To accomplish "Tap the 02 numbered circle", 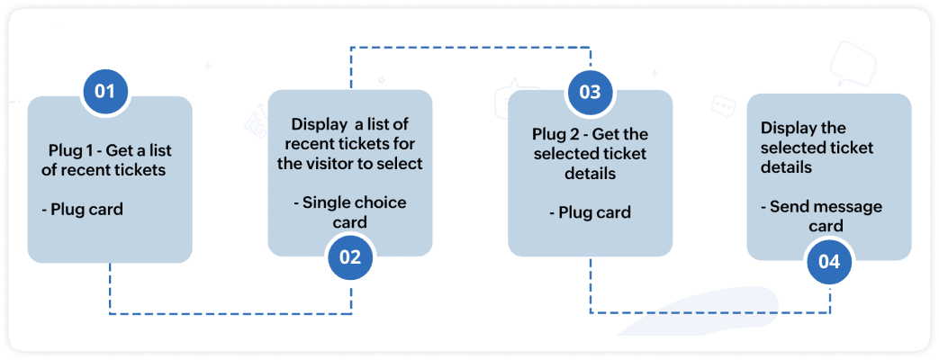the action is (x=349, y=257).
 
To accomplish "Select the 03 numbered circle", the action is (x=590, y=92).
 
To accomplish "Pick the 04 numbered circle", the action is (x=829, y=262).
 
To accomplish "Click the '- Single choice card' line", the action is (x=349, y=212).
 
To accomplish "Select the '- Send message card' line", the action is (x=822, y=216).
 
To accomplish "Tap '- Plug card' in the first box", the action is (x=82, y=210).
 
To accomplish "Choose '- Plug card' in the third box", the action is (x=590, y=212).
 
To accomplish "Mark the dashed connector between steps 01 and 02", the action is (x=230, y=312).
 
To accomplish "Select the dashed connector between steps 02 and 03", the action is (x=470, y=47).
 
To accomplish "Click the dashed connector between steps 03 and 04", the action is (x=709, y=312).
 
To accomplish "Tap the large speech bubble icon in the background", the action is (x=853, y=63).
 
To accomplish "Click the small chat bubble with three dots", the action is (x=723, y=106).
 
